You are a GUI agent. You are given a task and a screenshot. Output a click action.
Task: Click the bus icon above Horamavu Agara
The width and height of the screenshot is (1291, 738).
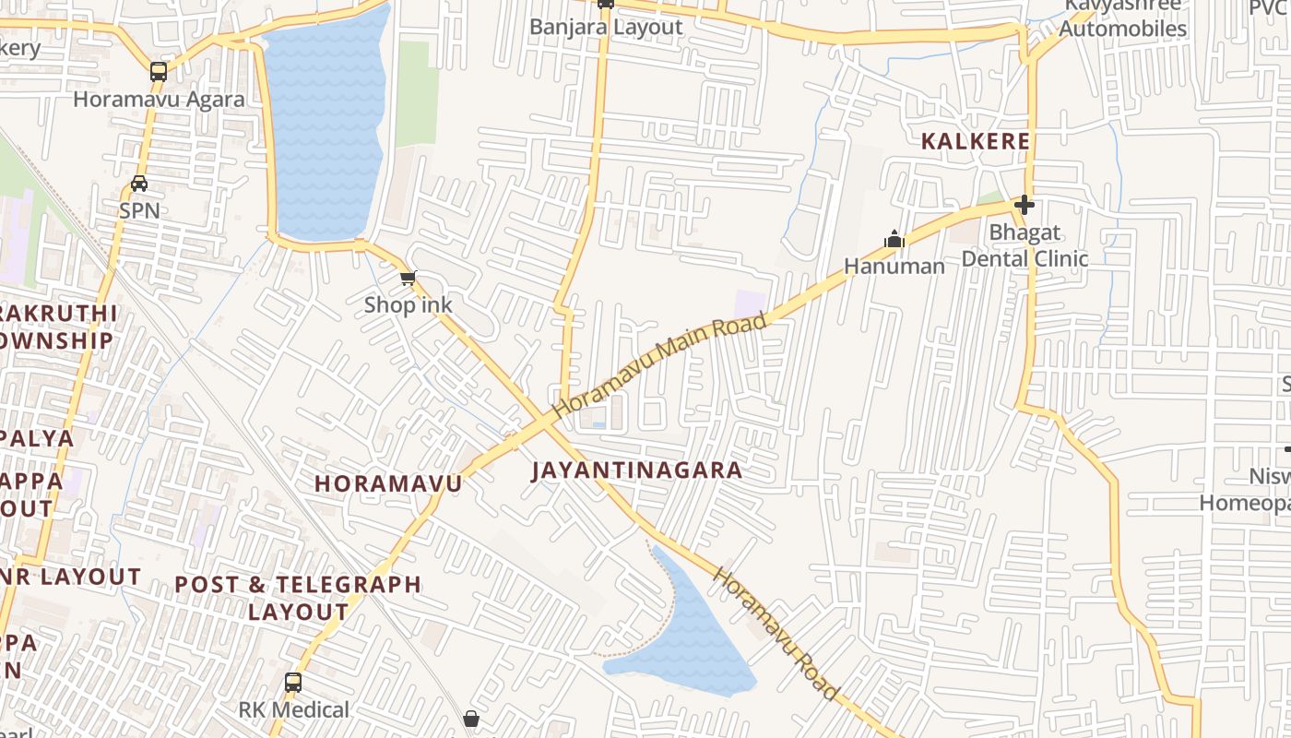(159, 71)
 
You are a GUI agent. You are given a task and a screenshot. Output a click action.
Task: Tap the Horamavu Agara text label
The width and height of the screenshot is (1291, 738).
(159, 100)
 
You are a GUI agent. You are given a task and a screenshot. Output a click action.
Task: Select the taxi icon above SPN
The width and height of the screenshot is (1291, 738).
(139, 183)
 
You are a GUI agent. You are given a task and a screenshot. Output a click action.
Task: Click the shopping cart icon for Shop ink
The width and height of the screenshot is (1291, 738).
(408, 278)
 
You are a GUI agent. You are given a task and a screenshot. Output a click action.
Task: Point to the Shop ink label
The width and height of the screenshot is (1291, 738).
(408, 304)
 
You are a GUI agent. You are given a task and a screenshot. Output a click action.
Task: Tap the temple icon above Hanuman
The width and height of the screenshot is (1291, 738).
(894, 240)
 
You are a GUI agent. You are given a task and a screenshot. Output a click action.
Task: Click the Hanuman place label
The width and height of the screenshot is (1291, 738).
(894, 267)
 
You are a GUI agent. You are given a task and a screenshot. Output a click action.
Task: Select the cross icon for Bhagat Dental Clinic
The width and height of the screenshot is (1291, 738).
(1024, 205)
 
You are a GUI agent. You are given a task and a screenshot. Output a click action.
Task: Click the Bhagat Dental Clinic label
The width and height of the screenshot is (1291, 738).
(1025, 245)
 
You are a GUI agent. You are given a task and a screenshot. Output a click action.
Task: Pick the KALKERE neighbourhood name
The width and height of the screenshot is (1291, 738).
(977, 142)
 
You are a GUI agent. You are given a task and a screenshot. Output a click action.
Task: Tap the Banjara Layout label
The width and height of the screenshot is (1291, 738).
(606, 27)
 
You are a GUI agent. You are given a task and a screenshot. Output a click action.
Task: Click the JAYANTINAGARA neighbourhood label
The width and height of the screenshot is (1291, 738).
(637, 470)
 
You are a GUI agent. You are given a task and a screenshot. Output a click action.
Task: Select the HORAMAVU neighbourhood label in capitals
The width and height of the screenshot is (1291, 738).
(388, 483)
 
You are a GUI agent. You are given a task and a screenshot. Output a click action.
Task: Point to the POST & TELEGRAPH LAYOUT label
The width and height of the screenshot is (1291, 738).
(298, 598)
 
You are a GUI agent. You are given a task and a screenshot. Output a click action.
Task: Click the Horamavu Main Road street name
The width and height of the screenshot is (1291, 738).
(660, 365)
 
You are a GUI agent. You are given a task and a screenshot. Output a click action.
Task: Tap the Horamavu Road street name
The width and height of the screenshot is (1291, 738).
(776, 635)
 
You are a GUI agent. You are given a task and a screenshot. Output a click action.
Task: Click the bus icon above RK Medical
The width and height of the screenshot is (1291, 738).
(293, 683)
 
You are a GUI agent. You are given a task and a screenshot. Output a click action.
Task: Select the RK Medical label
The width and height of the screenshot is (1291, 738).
(294, 710)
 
